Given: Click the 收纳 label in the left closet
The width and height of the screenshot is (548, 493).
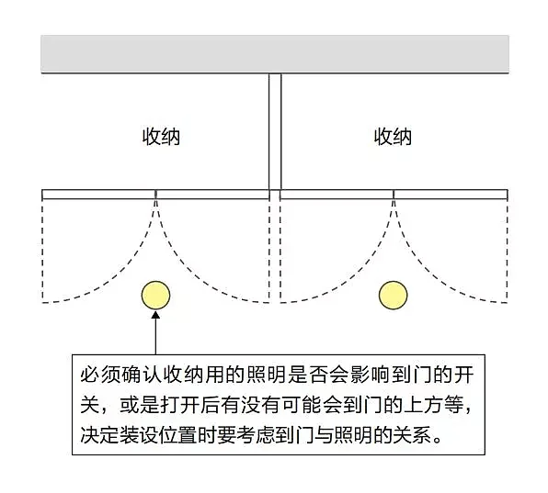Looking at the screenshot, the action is click(x=161, y=137).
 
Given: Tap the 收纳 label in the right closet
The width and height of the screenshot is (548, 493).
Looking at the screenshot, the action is click(x=393, y=137).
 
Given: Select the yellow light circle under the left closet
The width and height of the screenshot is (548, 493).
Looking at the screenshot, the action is click(x=156, y=296).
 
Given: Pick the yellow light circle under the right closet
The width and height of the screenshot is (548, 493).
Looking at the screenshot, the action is click(x=394, y=296).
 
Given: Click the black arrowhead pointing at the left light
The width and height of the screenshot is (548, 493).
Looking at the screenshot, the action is click(x=156, y=314).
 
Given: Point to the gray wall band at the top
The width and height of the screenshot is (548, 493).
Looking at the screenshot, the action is click(x=275, y=54).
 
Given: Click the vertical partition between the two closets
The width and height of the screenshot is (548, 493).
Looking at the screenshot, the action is click(x=275, y=132).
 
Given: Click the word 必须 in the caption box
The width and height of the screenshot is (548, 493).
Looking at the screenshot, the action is click(x=100, y=375).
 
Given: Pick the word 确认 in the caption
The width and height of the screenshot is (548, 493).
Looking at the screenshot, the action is click(x=140, y=375).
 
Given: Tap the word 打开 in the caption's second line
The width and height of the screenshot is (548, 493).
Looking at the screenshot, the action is click(x=179, y=405).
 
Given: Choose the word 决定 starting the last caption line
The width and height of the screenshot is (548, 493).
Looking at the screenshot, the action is click(x=100, y=434).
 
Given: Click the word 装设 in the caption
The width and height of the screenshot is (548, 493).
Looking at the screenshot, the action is click(x=140, y=434).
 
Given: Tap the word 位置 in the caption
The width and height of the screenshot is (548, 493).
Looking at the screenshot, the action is click(x=179, y=434).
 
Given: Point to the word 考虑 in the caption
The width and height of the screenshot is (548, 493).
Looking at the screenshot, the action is click(x=257, y=434).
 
